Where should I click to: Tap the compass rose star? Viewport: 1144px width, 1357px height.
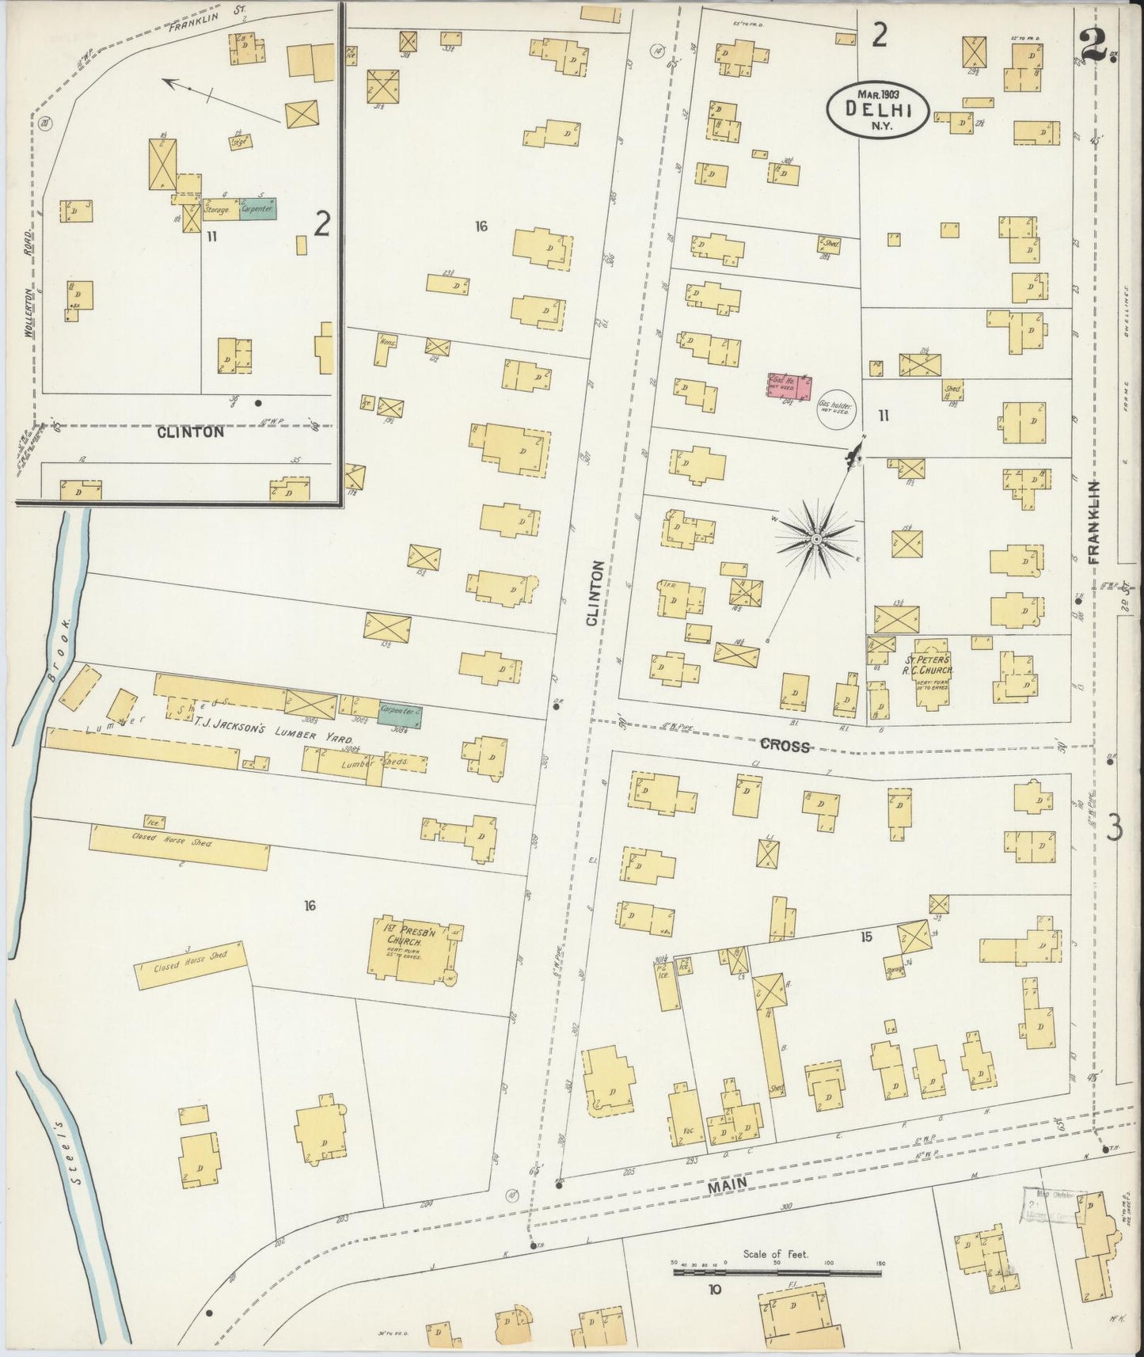coord(815,538)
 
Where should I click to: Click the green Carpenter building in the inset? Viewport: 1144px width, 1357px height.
coord(258,209)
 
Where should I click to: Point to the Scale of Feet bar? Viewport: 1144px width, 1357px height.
coord(777,1273)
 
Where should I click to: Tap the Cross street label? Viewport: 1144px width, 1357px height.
coord(785,745)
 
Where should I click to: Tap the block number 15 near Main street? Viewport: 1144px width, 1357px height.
coord(866,937)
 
